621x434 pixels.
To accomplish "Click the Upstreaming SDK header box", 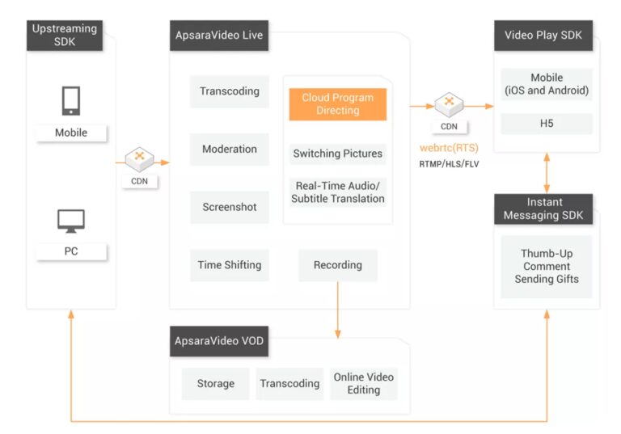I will click(65, 36).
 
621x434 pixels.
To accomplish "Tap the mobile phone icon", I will click(70, 101).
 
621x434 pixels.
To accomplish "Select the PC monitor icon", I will click(70, 221).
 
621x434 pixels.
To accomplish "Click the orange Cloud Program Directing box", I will click(338, 104).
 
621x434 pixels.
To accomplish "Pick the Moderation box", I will click(230, 150).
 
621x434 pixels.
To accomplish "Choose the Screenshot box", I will click(230, 207).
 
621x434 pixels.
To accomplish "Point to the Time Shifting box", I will click(230, 265).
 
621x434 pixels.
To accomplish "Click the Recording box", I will click(338, 265).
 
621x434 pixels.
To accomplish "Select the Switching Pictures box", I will click(338, 154).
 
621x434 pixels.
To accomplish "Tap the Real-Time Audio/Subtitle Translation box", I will click(338, 192).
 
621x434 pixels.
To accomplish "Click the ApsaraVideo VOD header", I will click(219, 341).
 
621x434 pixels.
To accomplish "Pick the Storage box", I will click(216, 384).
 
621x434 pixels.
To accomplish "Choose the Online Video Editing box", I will click(364, 384).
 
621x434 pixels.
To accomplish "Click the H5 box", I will click(547, 124).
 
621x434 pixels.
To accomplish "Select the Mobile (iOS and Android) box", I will click(547, 84).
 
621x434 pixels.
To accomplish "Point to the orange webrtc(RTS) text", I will click(448, 149).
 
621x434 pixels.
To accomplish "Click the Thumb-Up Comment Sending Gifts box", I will click(547, 267).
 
